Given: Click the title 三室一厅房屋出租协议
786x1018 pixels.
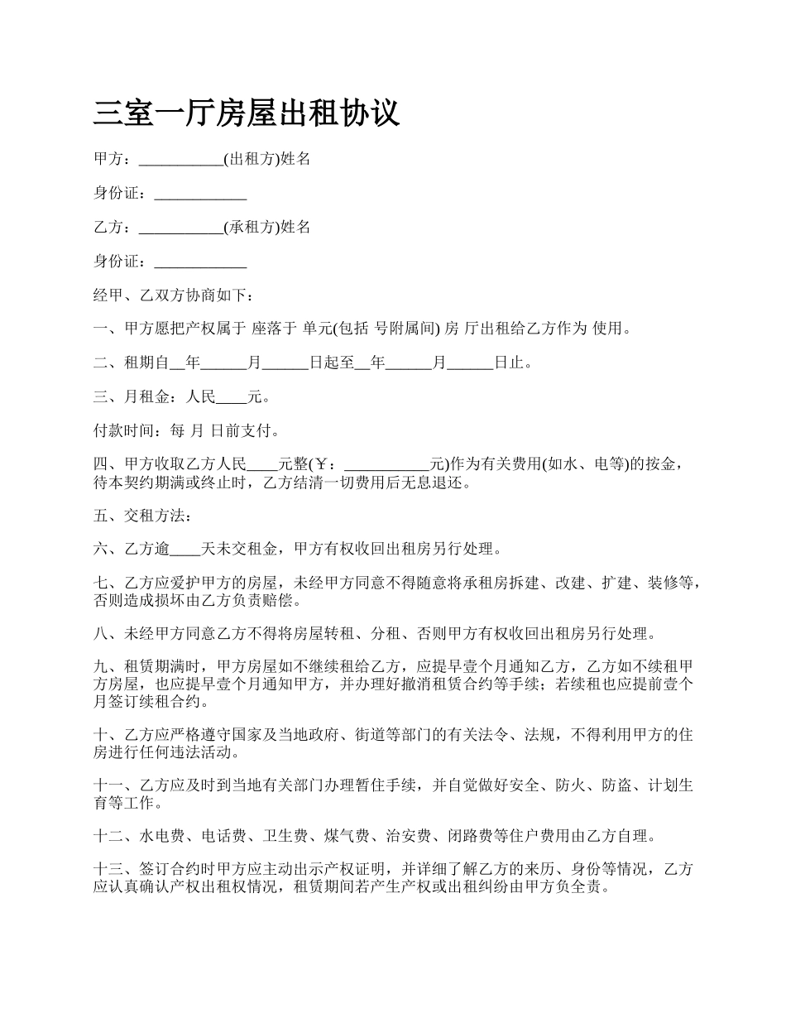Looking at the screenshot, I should tap(247, 113).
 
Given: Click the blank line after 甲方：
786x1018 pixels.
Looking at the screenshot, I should tap(181, 160).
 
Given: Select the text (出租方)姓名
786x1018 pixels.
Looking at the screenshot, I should tap(268, 159).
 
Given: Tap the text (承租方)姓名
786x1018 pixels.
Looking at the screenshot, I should tap(268, 227).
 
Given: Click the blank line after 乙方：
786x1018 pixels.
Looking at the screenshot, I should tap(181, 228).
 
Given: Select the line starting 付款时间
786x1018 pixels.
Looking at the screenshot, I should tap(186, 430).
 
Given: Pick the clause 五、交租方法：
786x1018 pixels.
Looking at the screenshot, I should tap(142, 515).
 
